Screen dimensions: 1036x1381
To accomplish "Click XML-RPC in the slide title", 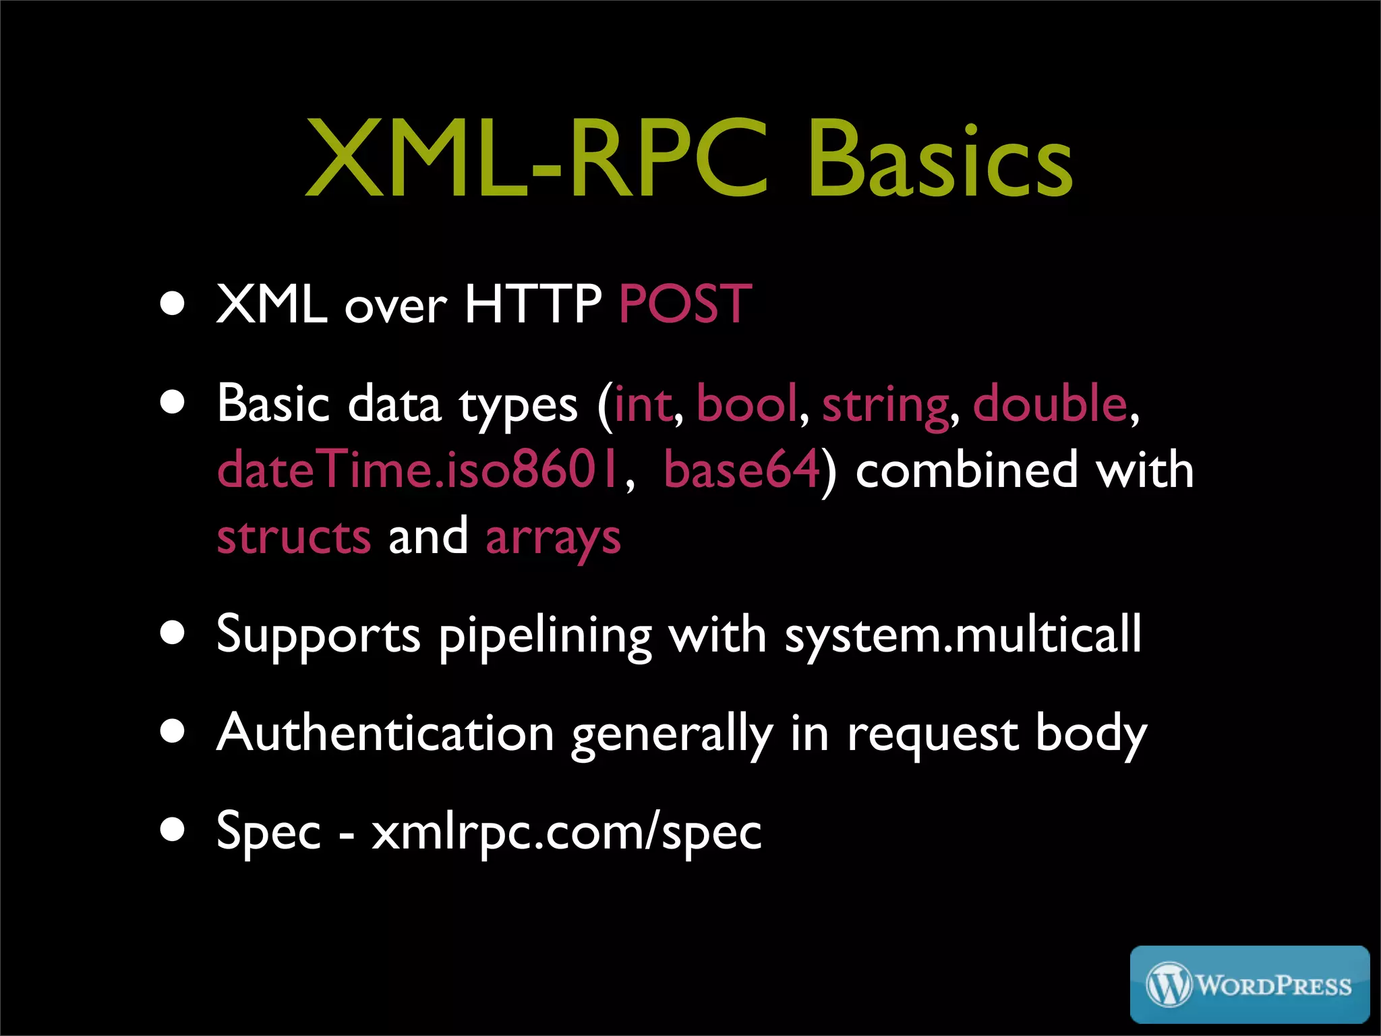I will (x=536, y=160).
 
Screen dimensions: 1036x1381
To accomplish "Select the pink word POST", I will (x=684, y=304).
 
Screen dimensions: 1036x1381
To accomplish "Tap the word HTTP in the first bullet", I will (x=533, y=304).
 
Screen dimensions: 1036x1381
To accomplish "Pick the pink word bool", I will (x=746, y=403).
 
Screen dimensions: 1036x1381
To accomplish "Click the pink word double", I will (x=1050, y=403).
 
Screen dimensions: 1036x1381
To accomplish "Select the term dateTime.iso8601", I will (x=418, y=469).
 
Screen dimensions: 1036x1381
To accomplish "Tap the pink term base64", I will (x=742, y=469).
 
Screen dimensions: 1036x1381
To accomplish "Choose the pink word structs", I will (x=294, y=537).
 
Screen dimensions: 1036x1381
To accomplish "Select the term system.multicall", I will (x=963, y=635).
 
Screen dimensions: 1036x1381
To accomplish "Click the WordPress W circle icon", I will (x=1169, y=985).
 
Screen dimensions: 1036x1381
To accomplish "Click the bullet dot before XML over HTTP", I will (x=173, y=303).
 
